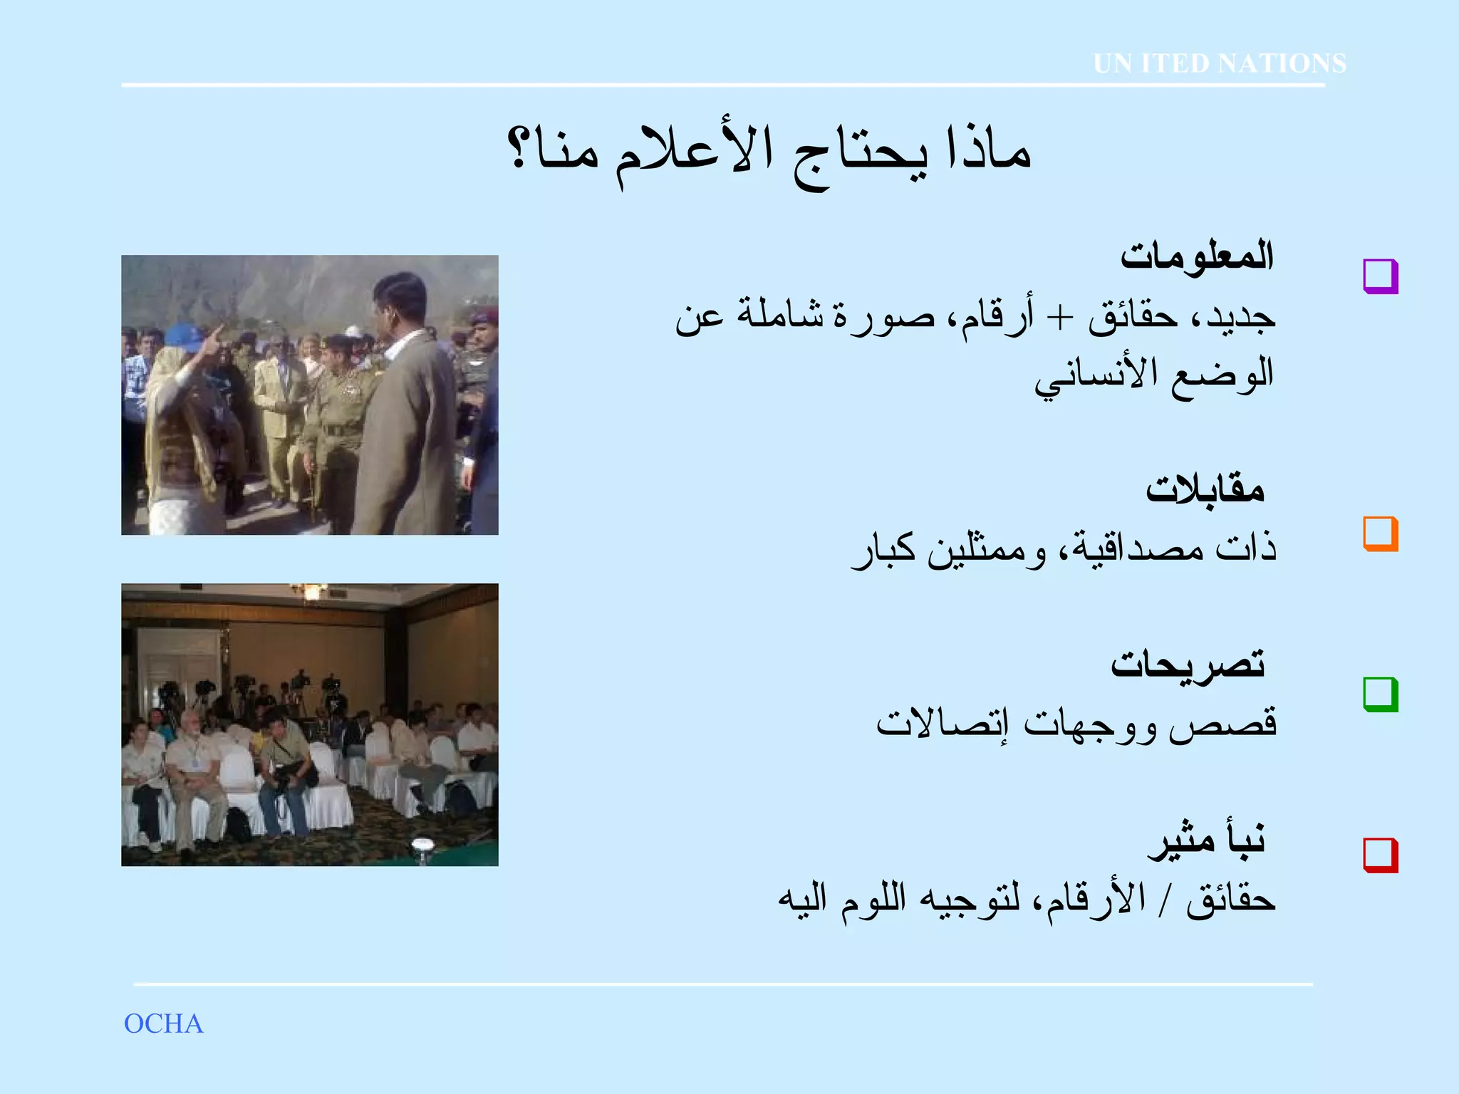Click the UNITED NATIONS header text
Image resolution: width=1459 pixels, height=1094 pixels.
[x=1220, y=63]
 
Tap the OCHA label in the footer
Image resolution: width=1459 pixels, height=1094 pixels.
[x=163, y=1023]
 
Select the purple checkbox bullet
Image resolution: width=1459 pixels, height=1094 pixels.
[x=1380, y=276]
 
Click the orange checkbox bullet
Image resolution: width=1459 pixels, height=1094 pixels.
[x=1380, y=533]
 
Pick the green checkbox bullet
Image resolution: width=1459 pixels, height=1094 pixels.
[x=1380, y=694]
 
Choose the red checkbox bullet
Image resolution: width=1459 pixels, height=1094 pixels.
[x=1380, y=855]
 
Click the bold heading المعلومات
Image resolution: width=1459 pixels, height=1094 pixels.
[x=1197, y=255]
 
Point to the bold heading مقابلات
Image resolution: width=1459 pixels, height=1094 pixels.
[x=1205, y=489]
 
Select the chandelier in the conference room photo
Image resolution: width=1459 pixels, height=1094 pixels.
[x=309, y=591]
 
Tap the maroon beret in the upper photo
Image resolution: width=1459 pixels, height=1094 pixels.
[x=484, y=314]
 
